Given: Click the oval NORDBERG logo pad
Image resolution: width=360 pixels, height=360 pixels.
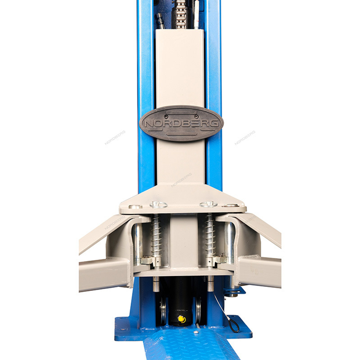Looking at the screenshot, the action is click(181, 123).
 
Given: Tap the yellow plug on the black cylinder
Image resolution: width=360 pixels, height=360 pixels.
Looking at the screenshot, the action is click(181, 319).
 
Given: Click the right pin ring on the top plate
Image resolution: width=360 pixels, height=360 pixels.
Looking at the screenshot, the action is click(208, 204).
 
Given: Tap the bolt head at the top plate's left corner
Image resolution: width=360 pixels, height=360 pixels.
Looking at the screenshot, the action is click(135, 207).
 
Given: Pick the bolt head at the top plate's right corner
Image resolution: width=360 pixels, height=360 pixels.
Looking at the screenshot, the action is click(230, 206).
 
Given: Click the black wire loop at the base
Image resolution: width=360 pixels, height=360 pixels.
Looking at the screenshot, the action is click(234, 326).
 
